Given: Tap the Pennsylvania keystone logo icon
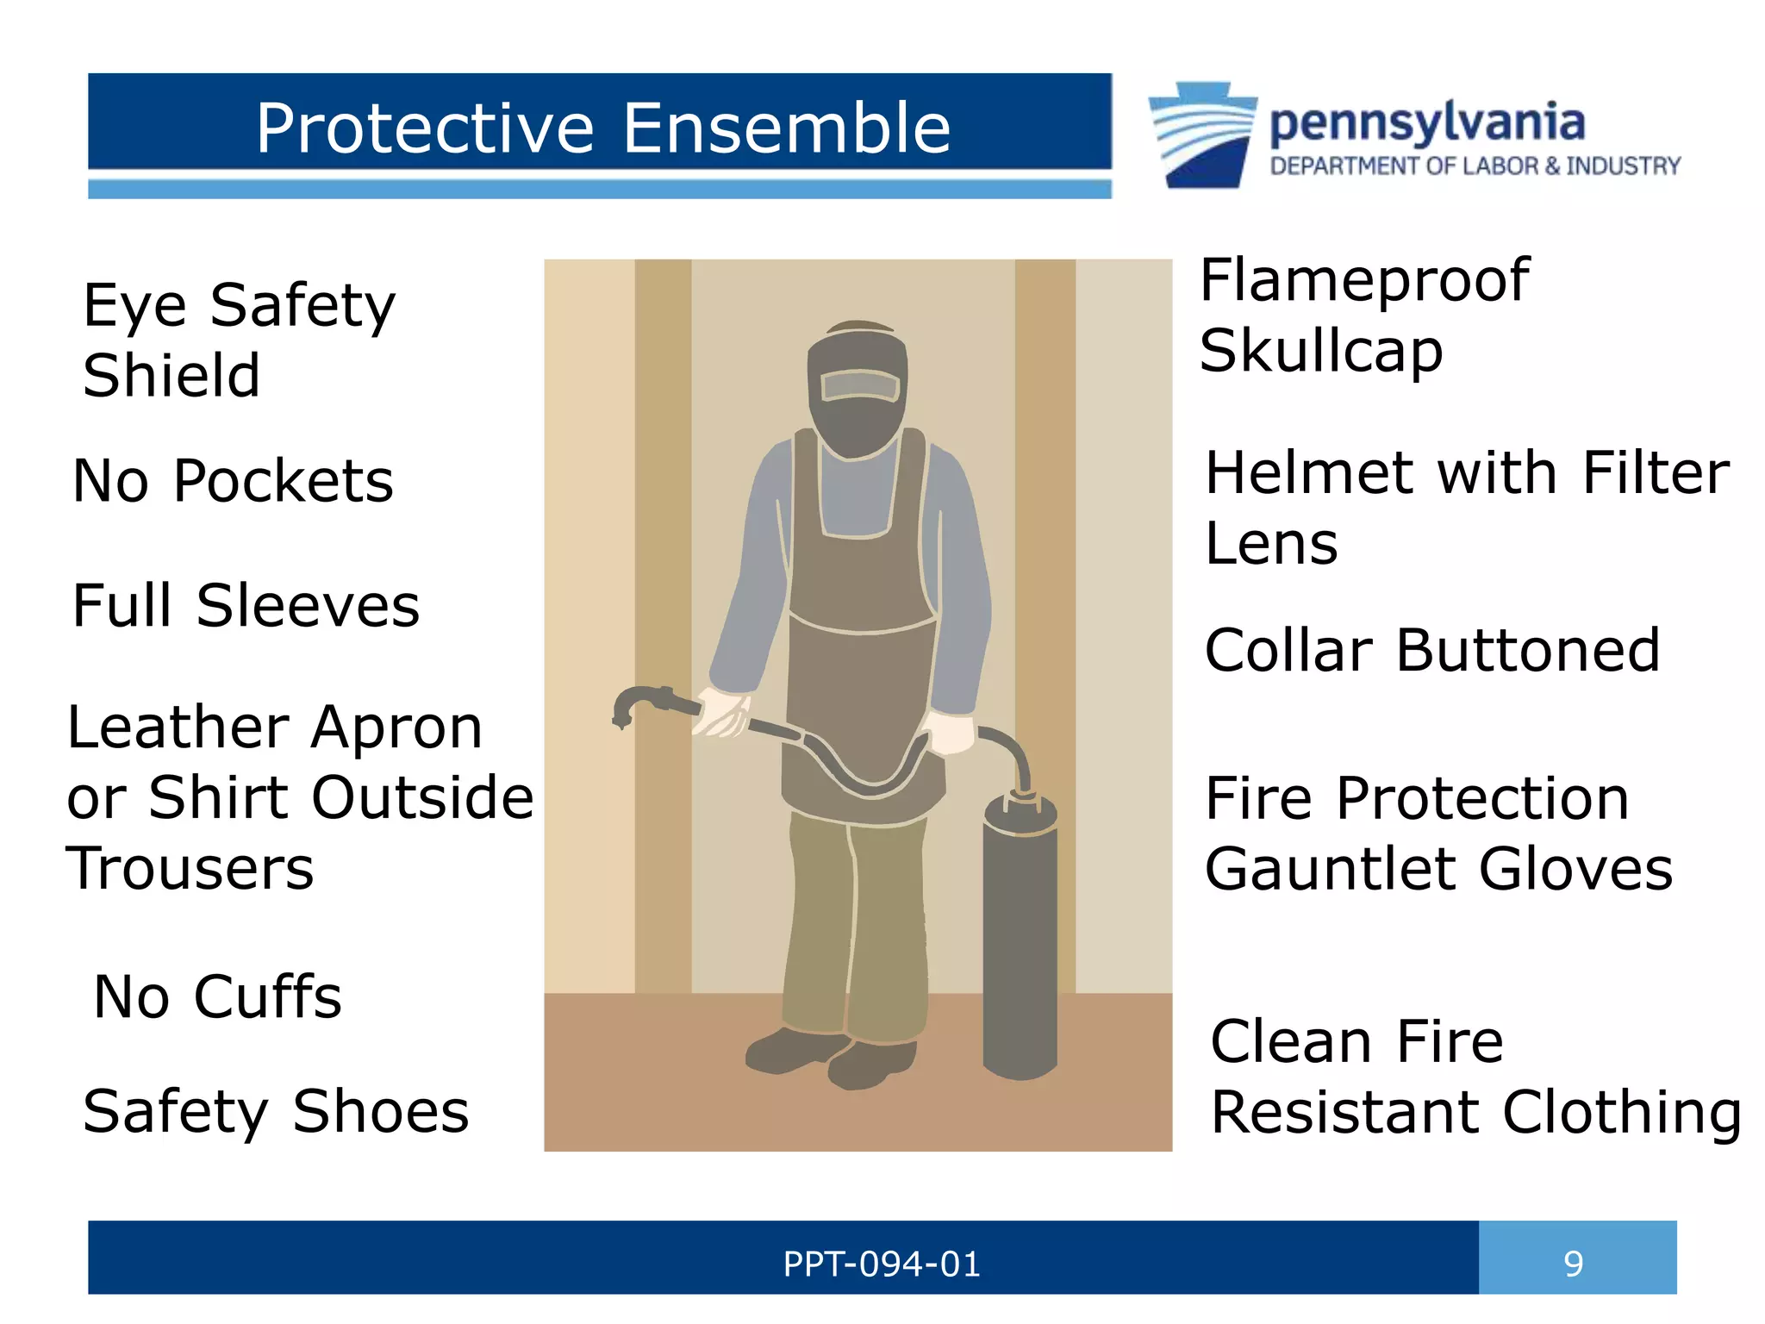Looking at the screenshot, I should coord(1203,134).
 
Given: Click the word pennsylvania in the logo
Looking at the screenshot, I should coord(1427,123).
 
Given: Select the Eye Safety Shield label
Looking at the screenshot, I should coord(239,340).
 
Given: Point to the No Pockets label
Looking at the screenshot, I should coord(233,480).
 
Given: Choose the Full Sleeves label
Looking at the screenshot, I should coord(246,605).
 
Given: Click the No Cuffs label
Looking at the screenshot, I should coord(217,997).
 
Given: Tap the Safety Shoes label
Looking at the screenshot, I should coord(276,1111).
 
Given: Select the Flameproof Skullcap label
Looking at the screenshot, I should coord(1363,315).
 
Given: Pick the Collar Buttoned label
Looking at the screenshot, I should coord(1431,650).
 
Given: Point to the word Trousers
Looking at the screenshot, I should coord(190,869).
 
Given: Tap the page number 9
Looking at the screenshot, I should coord(1574,1264).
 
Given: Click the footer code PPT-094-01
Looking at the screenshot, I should coord(882,1265).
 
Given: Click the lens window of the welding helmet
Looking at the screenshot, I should coord(860,385).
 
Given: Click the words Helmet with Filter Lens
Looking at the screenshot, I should coord(1466,509).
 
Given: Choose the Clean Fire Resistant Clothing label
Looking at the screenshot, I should coord(1475,1077).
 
